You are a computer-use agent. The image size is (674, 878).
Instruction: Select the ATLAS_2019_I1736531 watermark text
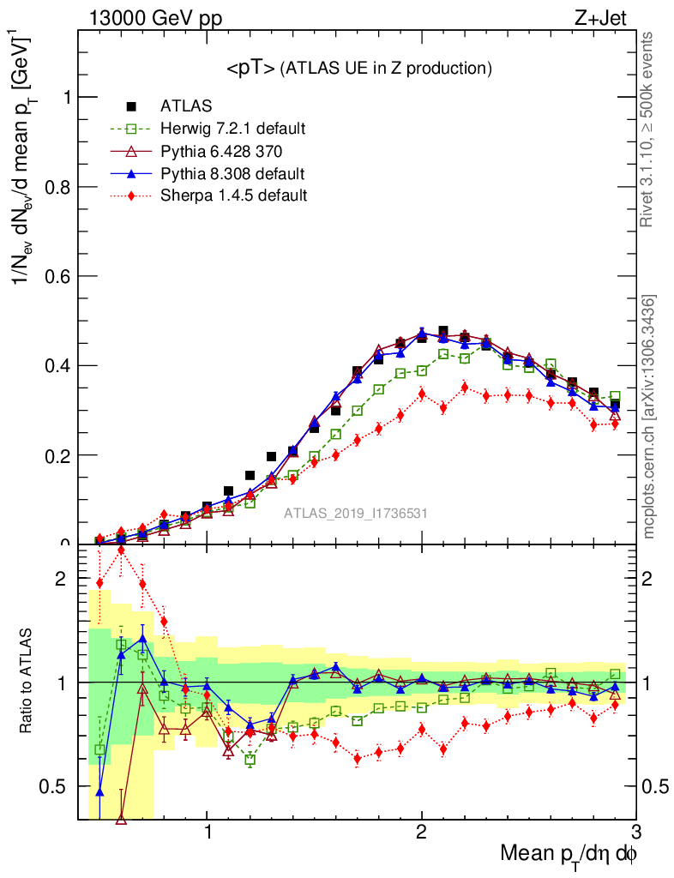(x=356, y=514)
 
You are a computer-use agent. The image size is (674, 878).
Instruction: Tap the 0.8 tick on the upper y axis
(x=62, y=187)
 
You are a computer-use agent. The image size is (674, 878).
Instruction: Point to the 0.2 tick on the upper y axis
(x=62, y=454)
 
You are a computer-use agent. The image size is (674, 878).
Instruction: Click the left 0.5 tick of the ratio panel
(x=57, y=786)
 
